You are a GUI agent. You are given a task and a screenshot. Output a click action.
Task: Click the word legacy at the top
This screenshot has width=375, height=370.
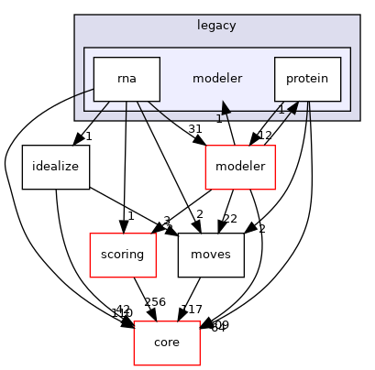(x=216, y=26)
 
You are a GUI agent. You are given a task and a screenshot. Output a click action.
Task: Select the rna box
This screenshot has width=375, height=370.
(x=127, y=79)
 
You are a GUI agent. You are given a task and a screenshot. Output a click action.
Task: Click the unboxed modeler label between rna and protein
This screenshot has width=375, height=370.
(x=216, y=79)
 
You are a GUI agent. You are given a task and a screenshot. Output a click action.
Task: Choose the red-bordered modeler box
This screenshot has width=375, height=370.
(x=239, y=166)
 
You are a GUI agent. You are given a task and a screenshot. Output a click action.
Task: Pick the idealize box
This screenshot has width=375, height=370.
(x=54, y=166)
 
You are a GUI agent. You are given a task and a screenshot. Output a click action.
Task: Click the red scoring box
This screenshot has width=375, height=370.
(x=121, y=254)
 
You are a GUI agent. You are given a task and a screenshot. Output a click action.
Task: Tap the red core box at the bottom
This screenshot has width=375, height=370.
(x=167, y=342)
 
